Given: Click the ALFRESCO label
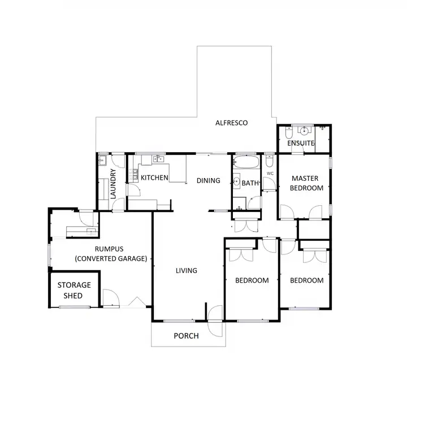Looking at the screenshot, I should tap(232, 123).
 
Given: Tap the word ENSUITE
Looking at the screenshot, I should tap(301, 144).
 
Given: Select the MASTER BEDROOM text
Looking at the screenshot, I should tap(306, 183).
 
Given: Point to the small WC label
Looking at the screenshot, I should tap(270, 173).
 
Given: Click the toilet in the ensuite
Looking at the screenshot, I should tap(288, 133).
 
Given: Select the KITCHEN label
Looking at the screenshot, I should tap(154, 178).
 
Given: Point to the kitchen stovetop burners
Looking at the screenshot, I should tap(135, 174).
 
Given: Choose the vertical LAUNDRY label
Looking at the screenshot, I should tap(113, 183).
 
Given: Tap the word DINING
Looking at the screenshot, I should tap(208, 181).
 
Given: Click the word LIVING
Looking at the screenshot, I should tap(186, 271).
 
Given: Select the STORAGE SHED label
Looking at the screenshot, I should tap(74, 290).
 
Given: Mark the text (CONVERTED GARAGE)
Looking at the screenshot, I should tap(111, 258).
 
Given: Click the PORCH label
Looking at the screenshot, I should tap(186, 336).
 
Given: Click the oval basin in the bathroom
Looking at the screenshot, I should tap(236, 181).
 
